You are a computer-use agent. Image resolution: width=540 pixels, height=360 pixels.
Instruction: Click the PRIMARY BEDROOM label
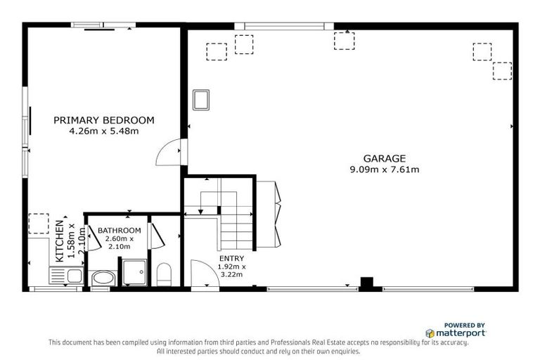tap(103, 120)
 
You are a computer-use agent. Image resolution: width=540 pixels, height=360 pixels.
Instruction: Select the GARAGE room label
tap(384, 158)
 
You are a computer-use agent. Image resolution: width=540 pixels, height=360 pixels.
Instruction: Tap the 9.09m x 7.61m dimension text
tap(384, 169)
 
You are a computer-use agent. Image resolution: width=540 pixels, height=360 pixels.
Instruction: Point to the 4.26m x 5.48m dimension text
tap(103, 131)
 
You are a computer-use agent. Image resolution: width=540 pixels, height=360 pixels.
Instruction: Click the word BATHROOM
tap(119, 231)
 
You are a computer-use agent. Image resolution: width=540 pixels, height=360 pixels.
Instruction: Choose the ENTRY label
tap(231, 259)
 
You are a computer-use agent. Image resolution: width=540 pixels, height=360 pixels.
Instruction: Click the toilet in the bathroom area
tap(163, 274)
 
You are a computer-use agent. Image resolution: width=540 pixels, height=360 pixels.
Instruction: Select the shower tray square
tap(134, 271)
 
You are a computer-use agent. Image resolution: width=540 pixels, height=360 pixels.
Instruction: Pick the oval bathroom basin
tap(102, 278)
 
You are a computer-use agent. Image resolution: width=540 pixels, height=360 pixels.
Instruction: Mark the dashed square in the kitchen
tap(37, 224)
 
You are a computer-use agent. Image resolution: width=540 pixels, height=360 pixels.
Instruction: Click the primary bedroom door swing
tap(171, 150)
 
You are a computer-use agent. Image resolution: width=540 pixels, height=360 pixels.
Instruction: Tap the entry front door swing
tap(202, 274)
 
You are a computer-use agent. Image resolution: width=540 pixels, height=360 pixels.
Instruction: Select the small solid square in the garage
tap(201, 99)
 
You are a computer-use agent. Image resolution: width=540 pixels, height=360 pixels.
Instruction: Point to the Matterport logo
tap(456, 333)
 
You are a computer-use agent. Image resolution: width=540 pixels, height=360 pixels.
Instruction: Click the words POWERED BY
tap(465, 324)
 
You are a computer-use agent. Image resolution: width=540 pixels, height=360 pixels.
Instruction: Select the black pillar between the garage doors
tap(366, 283)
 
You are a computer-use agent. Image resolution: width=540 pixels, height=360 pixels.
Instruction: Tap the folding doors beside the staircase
tap(268, 213)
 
